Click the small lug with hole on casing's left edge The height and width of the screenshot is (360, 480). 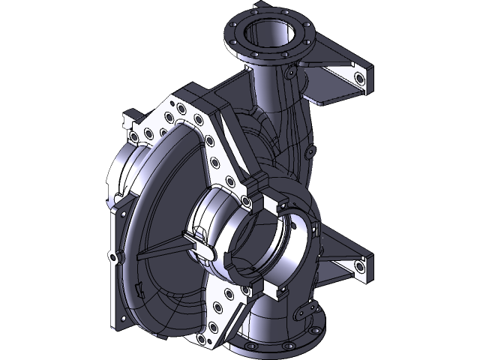point(113,257)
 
